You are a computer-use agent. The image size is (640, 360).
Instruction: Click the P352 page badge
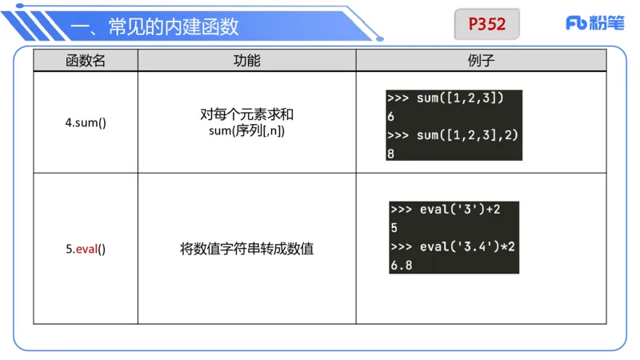[487, 24]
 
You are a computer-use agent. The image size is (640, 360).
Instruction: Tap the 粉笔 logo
[594, 23]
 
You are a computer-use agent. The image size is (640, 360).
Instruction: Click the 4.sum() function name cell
[86, 124]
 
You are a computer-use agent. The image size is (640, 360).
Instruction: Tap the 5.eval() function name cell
[86, 249]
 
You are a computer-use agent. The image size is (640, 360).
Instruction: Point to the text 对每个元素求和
[246, 114]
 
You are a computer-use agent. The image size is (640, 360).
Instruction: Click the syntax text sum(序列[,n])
[246, 130]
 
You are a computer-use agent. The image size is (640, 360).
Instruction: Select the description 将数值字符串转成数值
[246, 249]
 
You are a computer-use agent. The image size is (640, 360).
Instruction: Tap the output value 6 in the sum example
[390, 117]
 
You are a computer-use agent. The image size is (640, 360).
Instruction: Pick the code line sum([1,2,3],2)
[454, 134]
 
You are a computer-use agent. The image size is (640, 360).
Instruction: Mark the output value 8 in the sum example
[390, 153]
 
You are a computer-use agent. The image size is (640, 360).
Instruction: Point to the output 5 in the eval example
[394, 228]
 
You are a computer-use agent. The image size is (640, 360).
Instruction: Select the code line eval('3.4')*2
[454, 246]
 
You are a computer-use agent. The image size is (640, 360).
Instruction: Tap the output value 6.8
[402, 265]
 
